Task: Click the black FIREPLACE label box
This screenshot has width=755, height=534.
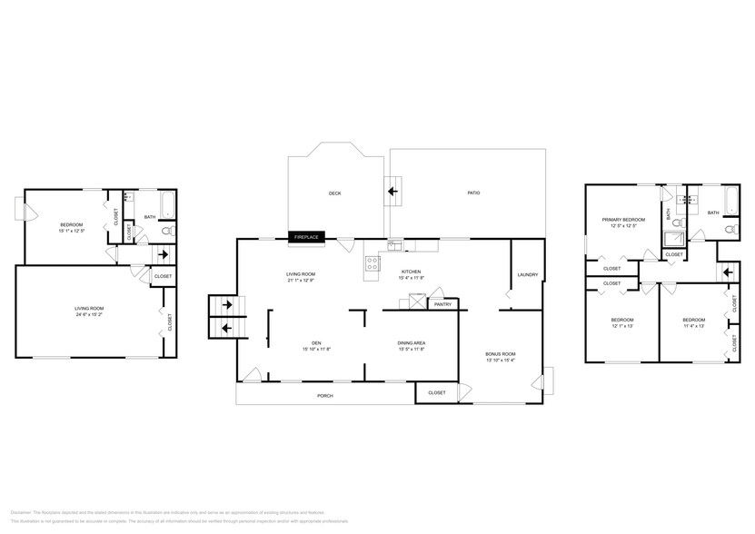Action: point(305,237)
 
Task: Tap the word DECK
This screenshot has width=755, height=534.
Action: point(335,193)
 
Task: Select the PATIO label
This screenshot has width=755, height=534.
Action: point(473,193)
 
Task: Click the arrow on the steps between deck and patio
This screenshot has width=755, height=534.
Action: point(393,192)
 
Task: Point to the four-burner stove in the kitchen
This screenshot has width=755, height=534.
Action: point(373,263)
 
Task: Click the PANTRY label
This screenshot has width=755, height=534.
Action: point(442,304)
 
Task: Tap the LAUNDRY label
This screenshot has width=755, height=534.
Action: point(527,274)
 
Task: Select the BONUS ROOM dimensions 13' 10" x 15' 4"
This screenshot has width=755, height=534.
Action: point(501,361)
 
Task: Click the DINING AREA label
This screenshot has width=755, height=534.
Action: point(412,342)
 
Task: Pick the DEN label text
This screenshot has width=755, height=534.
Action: point(317,342)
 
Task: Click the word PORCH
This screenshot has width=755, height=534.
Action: point(324,396)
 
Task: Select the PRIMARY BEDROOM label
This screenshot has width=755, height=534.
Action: point(623,220)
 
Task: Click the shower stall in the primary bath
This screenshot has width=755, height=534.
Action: point(674,238)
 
